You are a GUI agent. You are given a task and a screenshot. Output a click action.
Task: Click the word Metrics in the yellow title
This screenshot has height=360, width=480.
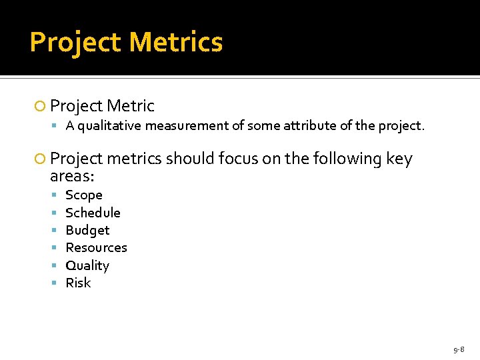pos(176,42)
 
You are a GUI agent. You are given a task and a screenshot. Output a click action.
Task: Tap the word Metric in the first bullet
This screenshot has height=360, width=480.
pos(131,106)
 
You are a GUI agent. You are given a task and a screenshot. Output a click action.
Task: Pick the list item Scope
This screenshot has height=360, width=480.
pos(84,195)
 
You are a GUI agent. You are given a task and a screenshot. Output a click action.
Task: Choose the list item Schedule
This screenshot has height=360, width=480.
pos(93,213)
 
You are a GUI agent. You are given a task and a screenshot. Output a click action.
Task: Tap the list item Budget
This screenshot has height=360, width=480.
pos(87,230)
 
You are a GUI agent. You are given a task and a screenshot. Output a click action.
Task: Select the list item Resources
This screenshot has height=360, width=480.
pos(96,247)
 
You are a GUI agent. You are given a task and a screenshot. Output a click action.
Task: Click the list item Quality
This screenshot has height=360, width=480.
pos(87,265)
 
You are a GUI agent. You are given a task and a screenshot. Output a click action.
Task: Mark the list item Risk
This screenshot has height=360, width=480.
pos(78,283)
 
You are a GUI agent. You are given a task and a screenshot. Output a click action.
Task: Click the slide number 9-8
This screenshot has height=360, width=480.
pos(459,349)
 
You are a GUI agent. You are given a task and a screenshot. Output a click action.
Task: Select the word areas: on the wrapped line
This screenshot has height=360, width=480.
pos(72,177)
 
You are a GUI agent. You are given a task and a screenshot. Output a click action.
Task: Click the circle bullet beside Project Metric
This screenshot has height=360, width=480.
pos(41,107)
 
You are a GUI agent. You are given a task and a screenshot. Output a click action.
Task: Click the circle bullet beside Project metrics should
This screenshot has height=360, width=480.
pos(41,159)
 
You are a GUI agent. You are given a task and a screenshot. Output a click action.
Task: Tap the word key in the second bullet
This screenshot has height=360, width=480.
pos(399,159)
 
